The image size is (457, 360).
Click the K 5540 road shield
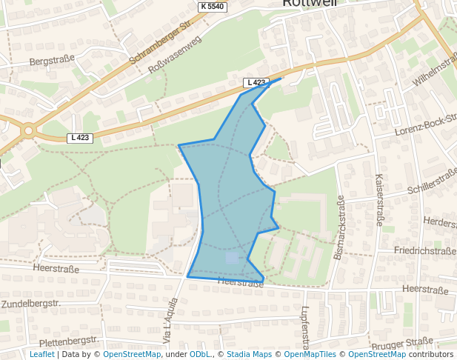click(212, 6)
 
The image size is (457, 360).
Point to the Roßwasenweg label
click(176, 55)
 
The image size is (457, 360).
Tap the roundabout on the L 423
click(28, 130)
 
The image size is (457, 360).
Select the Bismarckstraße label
click(339, 228)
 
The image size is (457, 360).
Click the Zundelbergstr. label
click(30, 304)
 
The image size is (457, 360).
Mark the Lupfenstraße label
click(305, 327)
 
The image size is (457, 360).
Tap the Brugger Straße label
click(403, 342)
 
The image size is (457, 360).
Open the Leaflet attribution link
click(42, 354)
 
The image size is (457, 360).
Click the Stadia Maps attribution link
click(249, 354)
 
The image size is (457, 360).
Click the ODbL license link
click(200, 354)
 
